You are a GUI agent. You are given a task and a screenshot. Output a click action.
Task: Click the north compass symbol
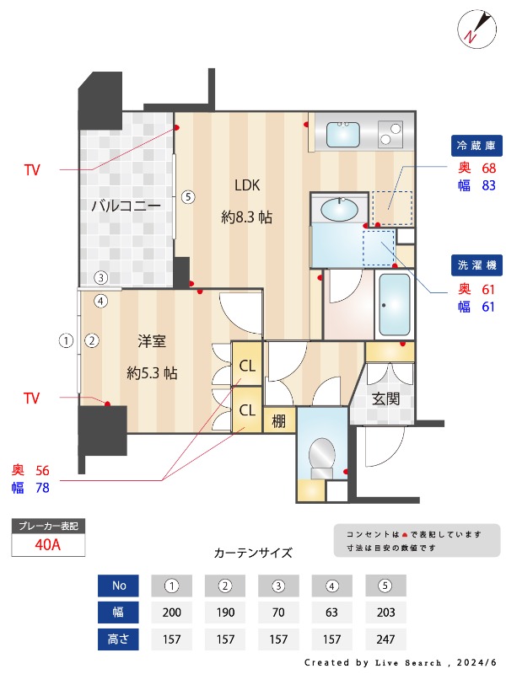coord(475,27)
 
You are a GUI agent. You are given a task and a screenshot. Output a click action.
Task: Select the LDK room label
coord(246,185)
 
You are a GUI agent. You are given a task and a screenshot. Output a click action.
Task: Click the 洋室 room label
coord(152,341)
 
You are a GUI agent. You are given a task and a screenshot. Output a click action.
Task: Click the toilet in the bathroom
coord(321,458)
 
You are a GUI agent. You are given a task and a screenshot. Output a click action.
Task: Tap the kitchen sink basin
coord(342,133)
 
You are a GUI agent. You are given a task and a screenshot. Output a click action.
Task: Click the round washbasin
coord(340,207)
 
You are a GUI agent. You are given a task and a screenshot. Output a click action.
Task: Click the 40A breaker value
coord(48,544)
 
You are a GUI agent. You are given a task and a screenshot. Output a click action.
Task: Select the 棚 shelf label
coord(278,421)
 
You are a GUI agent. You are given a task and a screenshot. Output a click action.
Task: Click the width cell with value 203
coord(385,612)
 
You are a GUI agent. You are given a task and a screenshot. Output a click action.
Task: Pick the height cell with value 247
coord(385,639)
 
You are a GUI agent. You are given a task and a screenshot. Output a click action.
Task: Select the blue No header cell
coord(118,586)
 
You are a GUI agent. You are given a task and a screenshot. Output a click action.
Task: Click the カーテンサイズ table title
coord(253,554)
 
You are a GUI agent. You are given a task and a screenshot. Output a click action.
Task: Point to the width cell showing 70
coord(278,612)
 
